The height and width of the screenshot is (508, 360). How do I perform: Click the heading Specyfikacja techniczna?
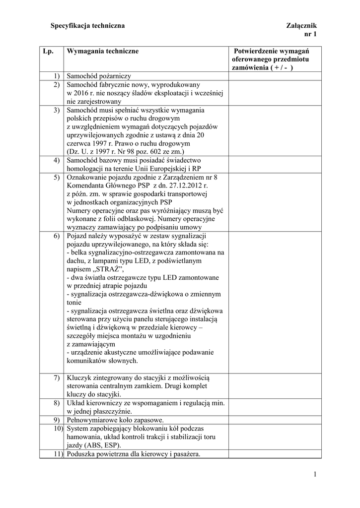pyautogui.click(x=87, y=25)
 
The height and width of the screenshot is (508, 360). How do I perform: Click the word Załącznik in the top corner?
pyautogui.click(x=301, y=25)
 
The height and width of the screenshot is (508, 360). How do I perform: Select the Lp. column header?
pyautogui.click(x=48, y=51)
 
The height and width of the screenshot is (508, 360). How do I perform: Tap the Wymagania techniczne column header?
pyautogui.click(x=102, y=51)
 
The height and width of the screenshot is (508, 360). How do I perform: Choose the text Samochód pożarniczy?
pyautogui.click(x=98, y=76)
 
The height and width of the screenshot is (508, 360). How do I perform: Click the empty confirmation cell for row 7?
pyautogui.click(x=275, y=386)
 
